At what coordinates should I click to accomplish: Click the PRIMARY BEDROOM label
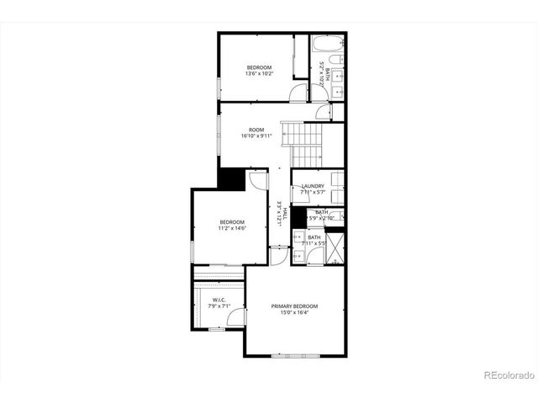pyautogui.click(x=294, y=306)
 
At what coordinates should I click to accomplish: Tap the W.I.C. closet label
pyautogui.click(x=219, y=300)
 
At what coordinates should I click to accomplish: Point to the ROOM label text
pyautogui.click(x=256, y=130)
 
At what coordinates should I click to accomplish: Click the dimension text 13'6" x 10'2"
pyautogui.click(x=259, y=74)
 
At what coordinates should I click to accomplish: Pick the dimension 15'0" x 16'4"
pyautogui.click(x=294, y=313)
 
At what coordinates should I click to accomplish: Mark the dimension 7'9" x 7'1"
pyautogui.click(x=219, y=306)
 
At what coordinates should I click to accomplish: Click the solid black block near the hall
pyautogui.click(x=229, y=178)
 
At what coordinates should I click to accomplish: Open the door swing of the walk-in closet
pyautogui.click(x=235, y=316)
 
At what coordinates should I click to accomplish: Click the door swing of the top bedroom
pyautogui.click(x=299, y=93)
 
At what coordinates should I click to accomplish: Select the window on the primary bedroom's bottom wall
pyautogui.click(x=294, y=356)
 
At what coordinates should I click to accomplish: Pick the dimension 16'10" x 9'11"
pyautogui.click(x=256, y=136)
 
